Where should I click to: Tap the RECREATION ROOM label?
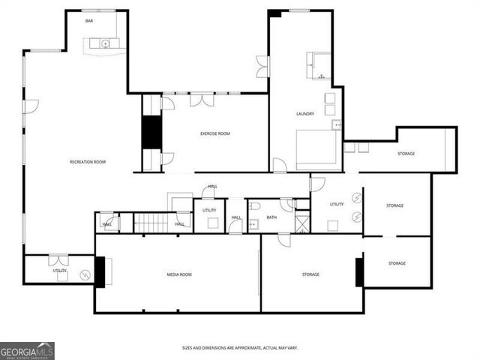pos(87,162)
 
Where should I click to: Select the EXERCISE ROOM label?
pos(214,133)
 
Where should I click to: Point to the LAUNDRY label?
pos(304,114)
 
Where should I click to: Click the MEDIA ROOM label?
pos(178,274)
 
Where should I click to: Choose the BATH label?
pos(271,217)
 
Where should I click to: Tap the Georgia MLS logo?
pos(27,350)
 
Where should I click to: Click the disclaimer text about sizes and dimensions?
pos(239,348)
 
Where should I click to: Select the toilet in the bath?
pos(255,206)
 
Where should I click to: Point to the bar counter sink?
pos(106,43)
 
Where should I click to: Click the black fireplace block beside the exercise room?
pos(152,132)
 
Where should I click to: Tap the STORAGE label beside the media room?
pos(310,274)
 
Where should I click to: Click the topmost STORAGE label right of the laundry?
pos(406,154)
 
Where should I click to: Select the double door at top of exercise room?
pos(202,99)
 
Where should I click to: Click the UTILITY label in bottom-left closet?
pos(60,270)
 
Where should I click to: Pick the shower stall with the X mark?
pos(301,223)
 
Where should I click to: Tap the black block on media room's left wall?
pos(100,272)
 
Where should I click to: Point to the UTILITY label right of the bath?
pos(337,204)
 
